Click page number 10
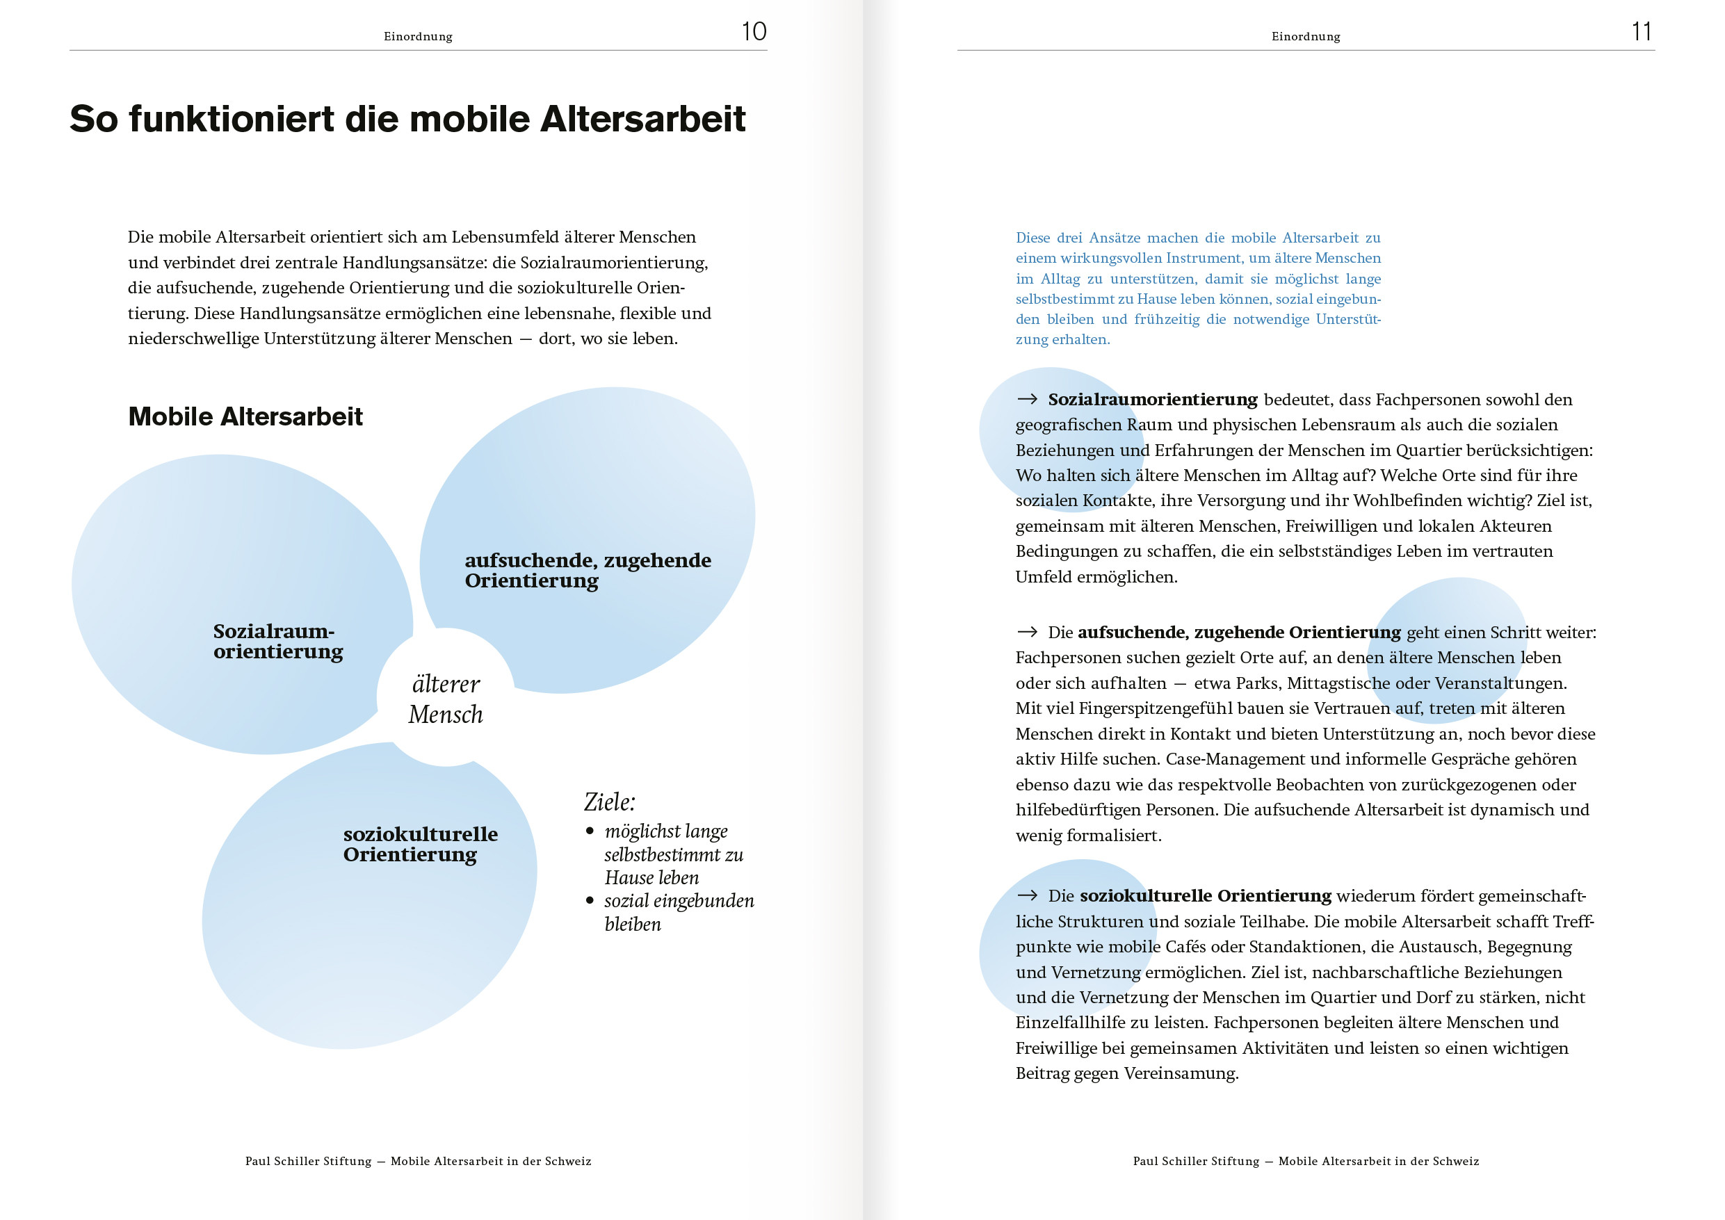point(754,31)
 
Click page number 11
point(1641,31)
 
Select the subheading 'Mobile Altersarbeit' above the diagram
point(245,416)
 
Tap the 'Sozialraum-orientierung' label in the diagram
point(277,641)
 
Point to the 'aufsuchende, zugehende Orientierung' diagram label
point(587,570)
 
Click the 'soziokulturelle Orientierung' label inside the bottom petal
point(420,845)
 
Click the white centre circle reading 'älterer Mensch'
point(446,699)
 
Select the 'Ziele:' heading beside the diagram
point(609,802)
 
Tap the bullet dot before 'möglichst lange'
point(590,831)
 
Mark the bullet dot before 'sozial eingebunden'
point(590,900)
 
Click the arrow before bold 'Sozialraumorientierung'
point(1027,400)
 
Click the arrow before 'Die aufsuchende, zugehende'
point(1027,633)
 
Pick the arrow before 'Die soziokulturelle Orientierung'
point(1027,895)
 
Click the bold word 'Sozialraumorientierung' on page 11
point(1152,400)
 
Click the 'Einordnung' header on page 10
point(418,36)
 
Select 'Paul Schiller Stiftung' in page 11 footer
point(1195,1162)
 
